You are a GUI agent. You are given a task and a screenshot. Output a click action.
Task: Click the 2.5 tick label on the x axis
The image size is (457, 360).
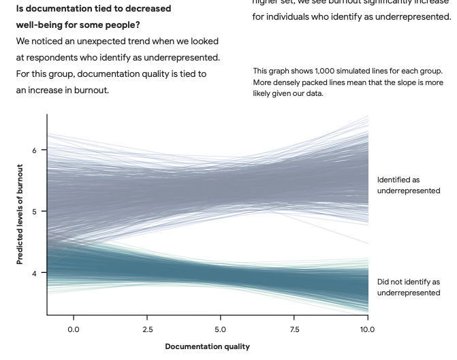pyautogui.click(x=147, y=329)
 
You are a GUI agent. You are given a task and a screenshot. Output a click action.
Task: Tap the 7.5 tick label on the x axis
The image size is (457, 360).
pyautogui.click(x=294, y=329)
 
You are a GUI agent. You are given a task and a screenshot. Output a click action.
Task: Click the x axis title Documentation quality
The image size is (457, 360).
pyautogui.click(x=207, y=346)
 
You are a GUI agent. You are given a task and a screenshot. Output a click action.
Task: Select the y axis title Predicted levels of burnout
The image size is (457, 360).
pyautogui.click(x=20, y=214)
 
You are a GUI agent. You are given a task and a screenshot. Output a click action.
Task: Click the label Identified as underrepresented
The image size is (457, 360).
pyautogui.click(x=409, y=185)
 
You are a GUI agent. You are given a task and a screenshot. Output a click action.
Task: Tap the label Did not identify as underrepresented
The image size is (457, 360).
pyautogui.click(x=409, y=287)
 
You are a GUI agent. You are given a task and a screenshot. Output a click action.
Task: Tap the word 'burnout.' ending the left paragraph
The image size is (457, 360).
pyautogui.click(x=93, y=90)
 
